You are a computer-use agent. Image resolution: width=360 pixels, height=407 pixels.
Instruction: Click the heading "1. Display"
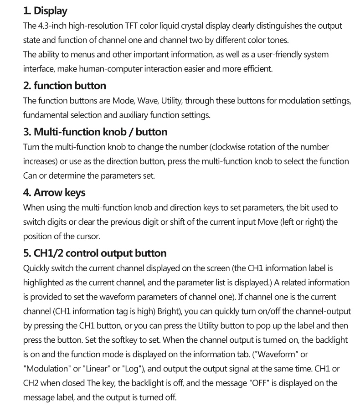(x=45, y=11)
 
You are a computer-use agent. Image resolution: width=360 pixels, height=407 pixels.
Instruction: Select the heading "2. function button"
(x=64, y=85)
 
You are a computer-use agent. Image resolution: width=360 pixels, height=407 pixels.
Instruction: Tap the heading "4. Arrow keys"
(x=54, y=192)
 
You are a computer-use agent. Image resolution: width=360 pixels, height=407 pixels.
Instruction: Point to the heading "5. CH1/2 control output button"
(x=95, y=253)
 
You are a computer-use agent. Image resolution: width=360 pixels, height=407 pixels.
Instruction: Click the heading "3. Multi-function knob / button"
(x=95, y=132)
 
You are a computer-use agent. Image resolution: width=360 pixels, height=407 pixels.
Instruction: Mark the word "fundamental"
(x=45, y=115)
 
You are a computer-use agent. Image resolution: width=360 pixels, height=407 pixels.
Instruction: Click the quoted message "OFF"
(x=261, y=383)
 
